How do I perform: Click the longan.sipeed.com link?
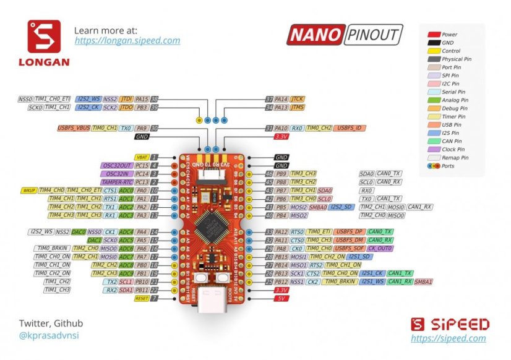click(127, 41)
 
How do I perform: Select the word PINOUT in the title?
click(373, 35)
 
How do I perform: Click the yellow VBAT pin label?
click(142, 158)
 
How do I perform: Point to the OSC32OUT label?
click(116, 166)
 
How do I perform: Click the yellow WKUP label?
click(28, 191)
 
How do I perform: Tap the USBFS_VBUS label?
click(74, 128)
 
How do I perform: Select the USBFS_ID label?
click(350, 128)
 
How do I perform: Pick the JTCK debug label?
click(297, 99)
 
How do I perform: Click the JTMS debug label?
click(297, 108)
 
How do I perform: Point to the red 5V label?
click(281, 298)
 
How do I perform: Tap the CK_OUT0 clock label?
click(380, 248)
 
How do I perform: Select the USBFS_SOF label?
click(350, 248)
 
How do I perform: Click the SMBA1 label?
click(423, 281)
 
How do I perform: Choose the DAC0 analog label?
click(79, 231)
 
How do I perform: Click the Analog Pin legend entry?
click(455, 100)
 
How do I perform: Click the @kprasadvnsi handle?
click(49, 336)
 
